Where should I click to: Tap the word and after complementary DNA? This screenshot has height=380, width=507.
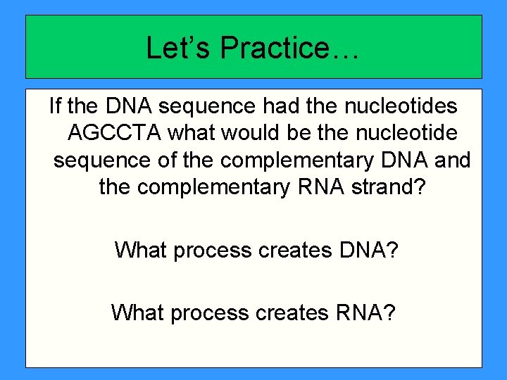453,160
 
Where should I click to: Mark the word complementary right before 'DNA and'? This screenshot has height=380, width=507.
296,160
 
